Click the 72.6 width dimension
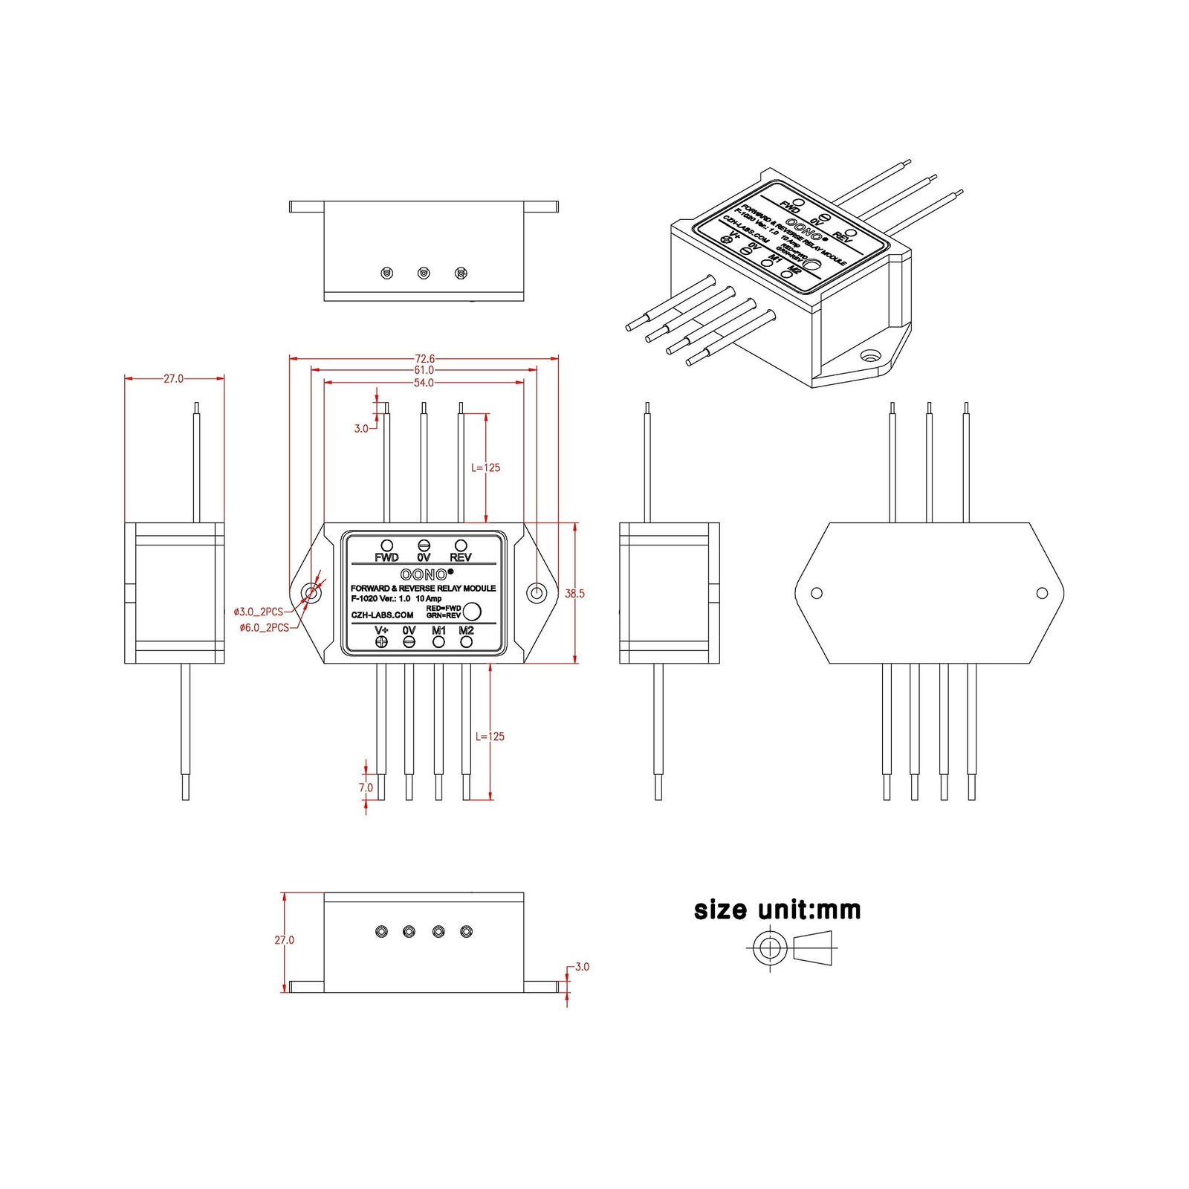click(424, 359)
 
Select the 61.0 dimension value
click(424, 370)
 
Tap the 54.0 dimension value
click(424, 383)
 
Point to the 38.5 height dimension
click(574, 594)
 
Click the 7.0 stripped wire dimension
click(366, 788)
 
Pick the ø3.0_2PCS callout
click(258, 612)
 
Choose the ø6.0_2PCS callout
click(264, 628)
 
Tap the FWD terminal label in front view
click(386, 557)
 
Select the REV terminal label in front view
click(461, 557)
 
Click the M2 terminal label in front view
click(466, 630)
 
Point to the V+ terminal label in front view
click(381, 630)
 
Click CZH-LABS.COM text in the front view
click(382, 615)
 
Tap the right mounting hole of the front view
click(536, 592)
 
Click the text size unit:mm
click(777, 910)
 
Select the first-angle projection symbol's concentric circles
click(769, 948)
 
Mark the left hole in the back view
click(817, 593)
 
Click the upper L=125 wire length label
click(486, 467)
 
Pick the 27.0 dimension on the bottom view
click(284, 940)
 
